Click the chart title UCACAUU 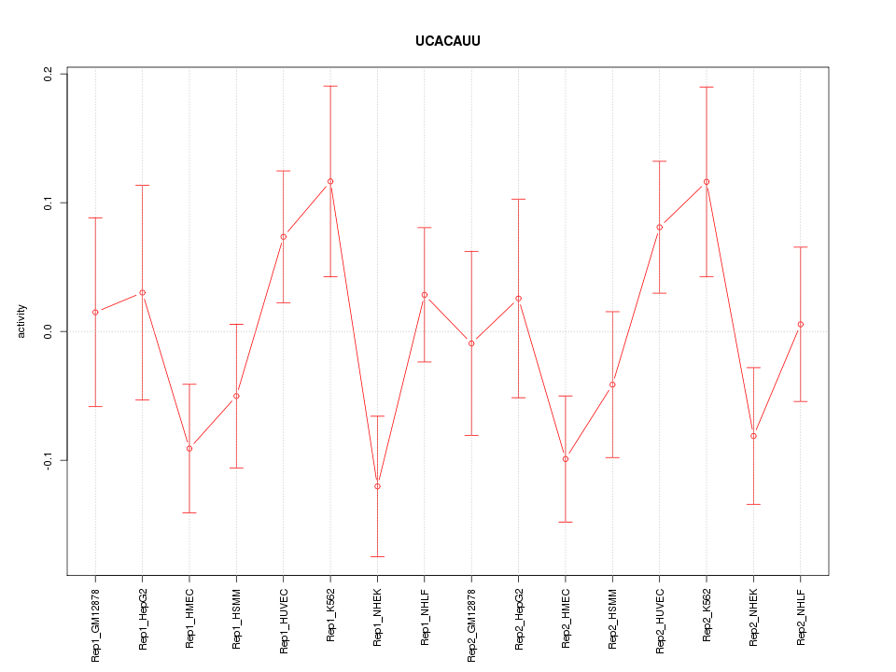coord(448,42)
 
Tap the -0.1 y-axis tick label coord(49,460)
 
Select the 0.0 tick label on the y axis coord(49,331)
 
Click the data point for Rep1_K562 coord(330,181)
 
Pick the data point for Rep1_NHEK coord(377,486)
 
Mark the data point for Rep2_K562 coord(707,181)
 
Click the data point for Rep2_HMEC coord(566,458)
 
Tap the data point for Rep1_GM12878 coord(95,312)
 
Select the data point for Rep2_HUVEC coord(660,227)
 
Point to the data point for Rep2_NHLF coord(801,324)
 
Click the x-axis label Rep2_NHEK coord(754,617)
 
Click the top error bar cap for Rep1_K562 coord(330,86)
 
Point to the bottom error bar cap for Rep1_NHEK coord(377,556)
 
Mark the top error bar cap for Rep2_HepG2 coord(519,199)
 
